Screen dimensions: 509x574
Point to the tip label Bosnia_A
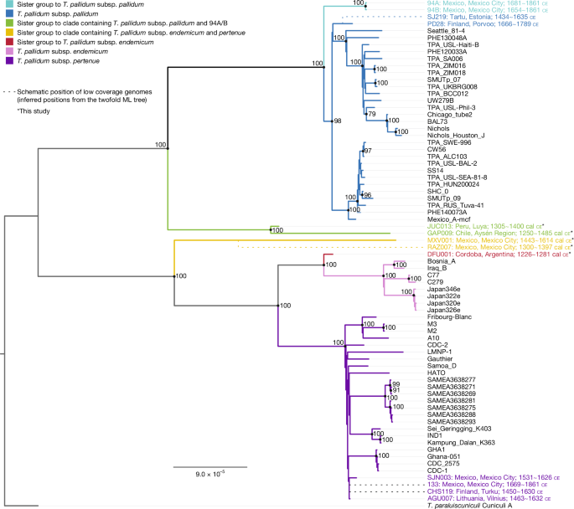[442, 261]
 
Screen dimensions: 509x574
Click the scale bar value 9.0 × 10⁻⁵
[210, 474]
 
